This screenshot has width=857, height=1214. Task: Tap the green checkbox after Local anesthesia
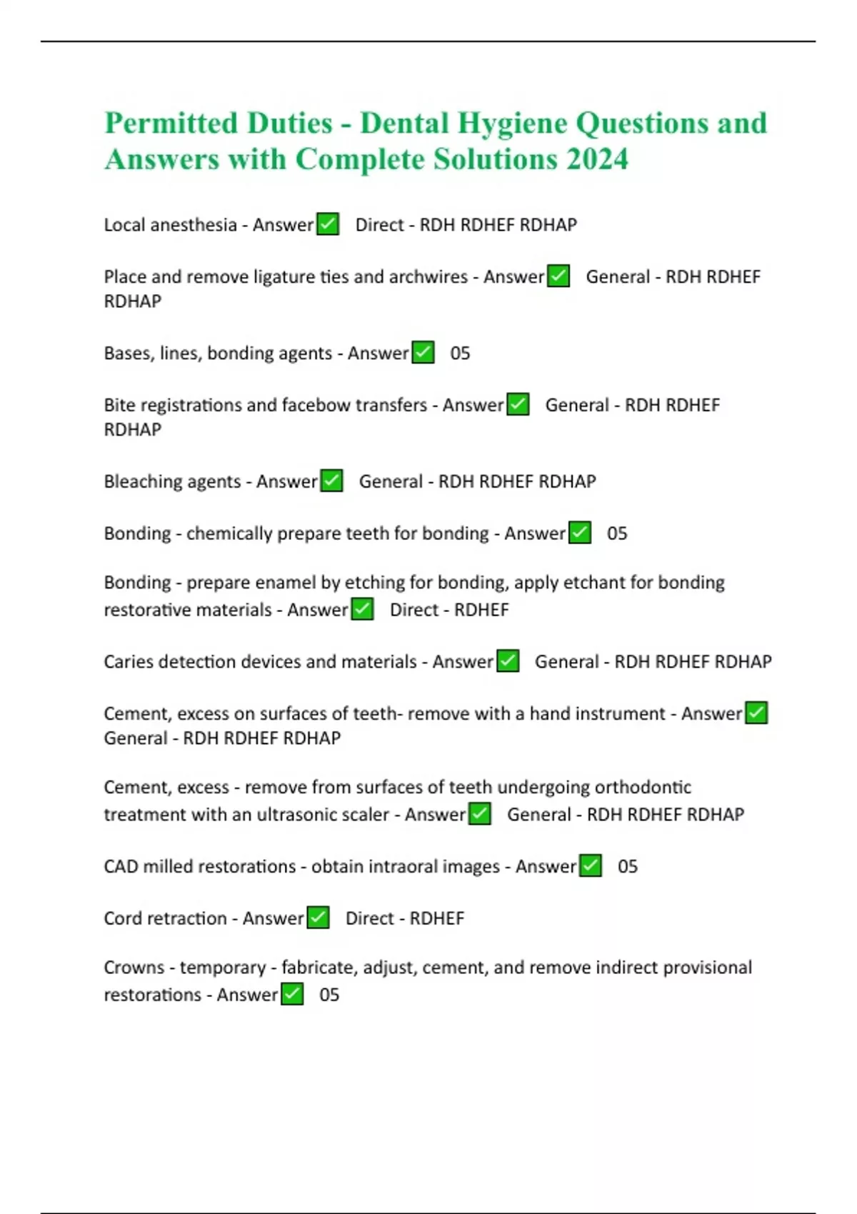328,224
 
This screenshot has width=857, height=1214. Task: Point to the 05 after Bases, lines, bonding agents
460,353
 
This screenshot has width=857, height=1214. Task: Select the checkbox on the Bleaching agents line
331,481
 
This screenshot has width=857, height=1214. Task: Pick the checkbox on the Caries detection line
508,661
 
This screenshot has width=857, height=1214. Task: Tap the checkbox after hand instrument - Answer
756,713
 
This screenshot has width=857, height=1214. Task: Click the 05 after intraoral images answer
628,866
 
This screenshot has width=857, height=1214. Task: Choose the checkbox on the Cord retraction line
318,918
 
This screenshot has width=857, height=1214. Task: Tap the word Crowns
134,968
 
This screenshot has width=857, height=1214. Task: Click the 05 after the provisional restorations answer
329,995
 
